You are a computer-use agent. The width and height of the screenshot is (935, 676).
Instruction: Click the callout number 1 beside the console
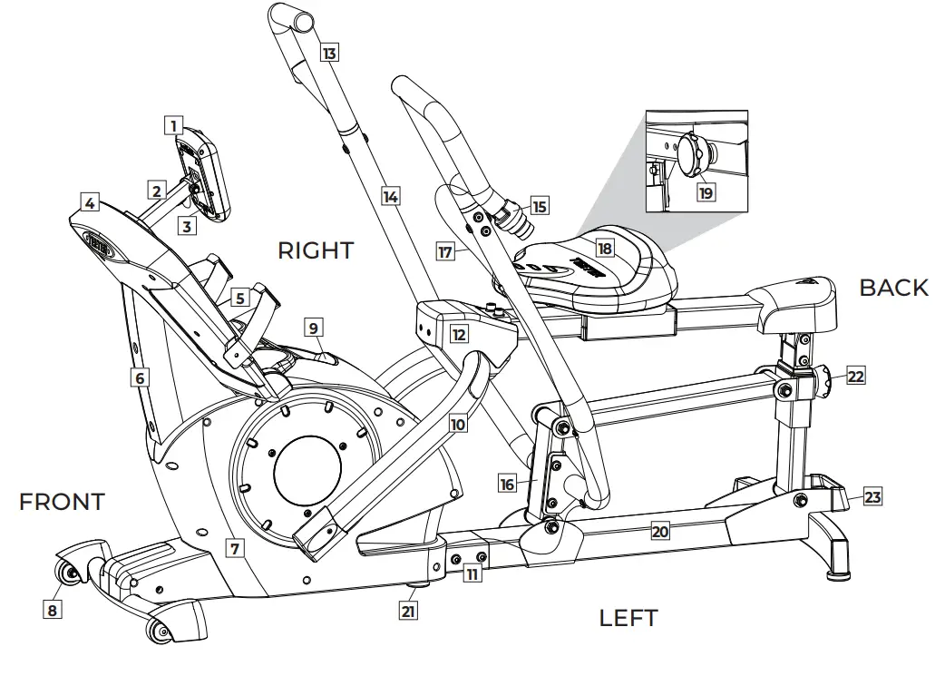[x=173, y=124]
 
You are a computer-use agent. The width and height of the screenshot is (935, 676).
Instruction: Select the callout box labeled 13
[x=329, y=54]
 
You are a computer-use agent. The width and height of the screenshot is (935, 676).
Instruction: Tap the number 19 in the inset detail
[x=705, y=192]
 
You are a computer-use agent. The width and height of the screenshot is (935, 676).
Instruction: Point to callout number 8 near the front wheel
[x=53, y=610]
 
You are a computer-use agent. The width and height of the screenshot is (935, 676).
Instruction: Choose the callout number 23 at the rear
[x=872, y=496]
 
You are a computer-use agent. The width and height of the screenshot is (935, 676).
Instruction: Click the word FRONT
[x=62, y=501]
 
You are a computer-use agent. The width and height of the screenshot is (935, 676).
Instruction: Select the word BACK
[x=893, y=288]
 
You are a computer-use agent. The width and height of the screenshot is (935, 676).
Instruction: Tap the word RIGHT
[x=315, y=250]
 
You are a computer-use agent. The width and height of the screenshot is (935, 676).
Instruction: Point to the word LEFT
[x=628, y=618]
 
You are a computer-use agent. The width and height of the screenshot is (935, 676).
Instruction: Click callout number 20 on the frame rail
[x=659, y=533]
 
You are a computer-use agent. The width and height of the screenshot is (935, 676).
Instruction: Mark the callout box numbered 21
[x=409, y=611]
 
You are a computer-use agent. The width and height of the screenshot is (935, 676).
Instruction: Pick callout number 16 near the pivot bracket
[x=507, y=484]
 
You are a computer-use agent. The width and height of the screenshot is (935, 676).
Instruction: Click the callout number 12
[x=460, y=334]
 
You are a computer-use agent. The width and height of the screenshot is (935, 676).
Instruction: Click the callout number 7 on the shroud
[x=235, y=548]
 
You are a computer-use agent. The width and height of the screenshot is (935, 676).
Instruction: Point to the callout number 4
[x=89, y=203]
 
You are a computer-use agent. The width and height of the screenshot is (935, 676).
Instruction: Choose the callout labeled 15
[x=540, y=206]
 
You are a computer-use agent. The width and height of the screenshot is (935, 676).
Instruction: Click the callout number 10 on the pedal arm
[x=457, y=423]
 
